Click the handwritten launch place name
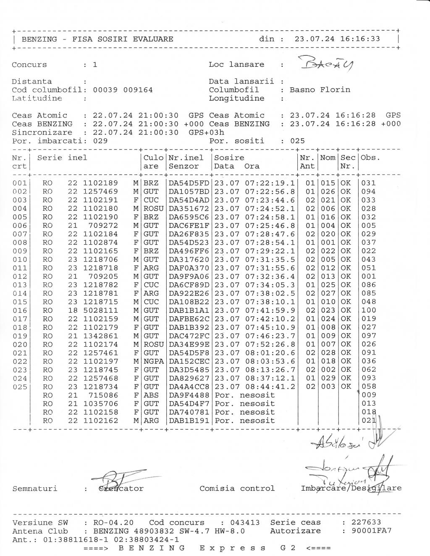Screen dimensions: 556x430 325,64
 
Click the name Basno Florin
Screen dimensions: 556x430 320,90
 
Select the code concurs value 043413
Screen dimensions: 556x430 244,523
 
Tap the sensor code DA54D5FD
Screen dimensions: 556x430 189,183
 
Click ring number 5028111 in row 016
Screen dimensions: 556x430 100,311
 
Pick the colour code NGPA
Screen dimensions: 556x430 153,361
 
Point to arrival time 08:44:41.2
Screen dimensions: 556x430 270,386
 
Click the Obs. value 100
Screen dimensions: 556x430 369,311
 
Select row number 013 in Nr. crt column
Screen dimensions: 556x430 20,285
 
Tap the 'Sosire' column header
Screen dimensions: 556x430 229,158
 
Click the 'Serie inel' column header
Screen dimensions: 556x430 62,158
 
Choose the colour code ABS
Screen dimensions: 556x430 151,395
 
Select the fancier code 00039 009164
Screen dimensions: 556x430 123,90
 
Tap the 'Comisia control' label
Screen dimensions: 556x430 237,488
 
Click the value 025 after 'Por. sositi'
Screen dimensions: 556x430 297,141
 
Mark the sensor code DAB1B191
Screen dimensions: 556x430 189,420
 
